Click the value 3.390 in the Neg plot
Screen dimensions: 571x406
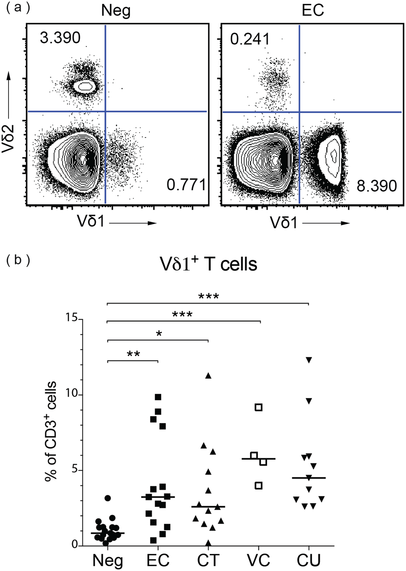click(60, 38)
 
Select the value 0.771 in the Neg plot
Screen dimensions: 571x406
click(186, 185)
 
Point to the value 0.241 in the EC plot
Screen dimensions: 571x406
click(250, 39)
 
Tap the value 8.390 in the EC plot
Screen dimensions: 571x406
click(376, 186)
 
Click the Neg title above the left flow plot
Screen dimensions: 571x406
click(116, 11)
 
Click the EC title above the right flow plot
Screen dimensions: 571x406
click(313, 11)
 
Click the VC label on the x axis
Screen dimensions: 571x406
click(258, 560)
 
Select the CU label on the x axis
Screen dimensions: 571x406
click(309, 560)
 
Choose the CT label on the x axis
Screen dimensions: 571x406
click(208, 560)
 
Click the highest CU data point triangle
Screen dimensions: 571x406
click(309, 360)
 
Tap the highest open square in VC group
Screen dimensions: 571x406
click(259, 407)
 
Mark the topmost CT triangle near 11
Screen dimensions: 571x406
click(208, 376)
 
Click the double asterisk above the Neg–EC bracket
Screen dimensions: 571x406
click(134, 354)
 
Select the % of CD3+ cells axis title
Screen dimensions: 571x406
click(50, 431)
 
